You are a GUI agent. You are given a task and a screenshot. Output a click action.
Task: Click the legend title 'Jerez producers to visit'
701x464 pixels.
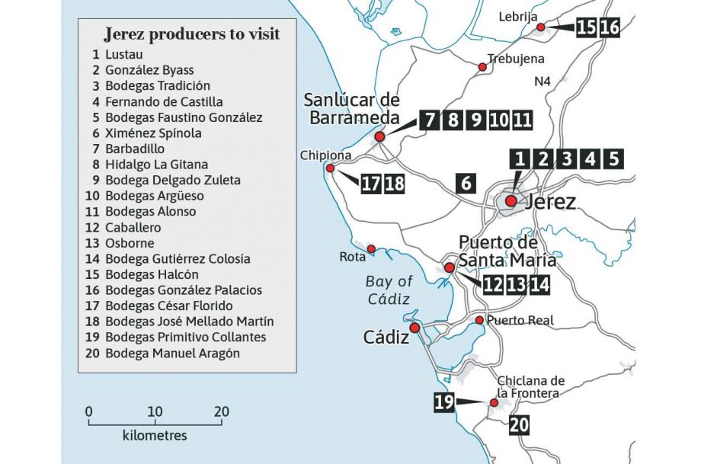(x=191, y=34)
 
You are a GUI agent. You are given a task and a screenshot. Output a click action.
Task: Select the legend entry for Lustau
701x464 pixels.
(x=124, y=55)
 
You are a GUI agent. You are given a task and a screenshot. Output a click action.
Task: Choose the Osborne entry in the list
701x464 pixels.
(x=130, y=243)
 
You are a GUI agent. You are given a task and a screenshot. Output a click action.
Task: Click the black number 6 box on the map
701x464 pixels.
(x=466, y=183)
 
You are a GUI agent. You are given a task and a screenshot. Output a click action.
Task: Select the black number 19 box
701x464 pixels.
(x=444, y=402)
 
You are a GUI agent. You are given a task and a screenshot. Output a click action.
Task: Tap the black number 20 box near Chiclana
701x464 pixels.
(x=518, y=424)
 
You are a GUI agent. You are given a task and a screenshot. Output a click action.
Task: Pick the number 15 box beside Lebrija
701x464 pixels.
(x=585, y=27)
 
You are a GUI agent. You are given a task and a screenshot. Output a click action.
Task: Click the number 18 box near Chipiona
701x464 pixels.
(x=394, y=184)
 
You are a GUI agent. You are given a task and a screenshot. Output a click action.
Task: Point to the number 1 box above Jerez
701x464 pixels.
(x=520, y=159)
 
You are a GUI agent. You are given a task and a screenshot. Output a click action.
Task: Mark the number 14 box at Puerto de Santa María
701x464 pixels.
(x=539, y=284)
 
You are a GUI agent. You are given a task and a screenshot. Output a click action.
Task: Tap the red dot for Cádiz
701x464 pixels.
(x=415, y=328)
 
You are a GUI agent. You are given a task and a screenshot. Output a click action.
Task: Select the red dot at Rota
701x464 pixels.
(x=371, y=249)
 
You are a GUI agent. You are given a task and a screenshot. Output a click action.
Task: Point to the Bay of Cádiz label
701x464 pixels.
(x=389, y=290)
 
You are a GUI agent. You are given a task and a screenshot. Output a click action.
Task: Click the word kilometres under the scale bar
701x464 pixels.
(x=155, y=436)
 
